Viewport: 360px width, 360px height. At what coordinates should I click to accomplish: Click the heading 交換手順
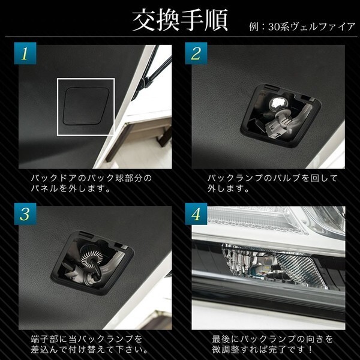[179, 20]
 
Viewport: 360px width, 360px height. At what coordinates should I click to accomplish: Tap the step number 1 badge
[25, 54]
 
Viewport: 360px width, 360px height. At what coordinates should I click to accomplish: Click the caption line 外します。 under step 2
[228, 188]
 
